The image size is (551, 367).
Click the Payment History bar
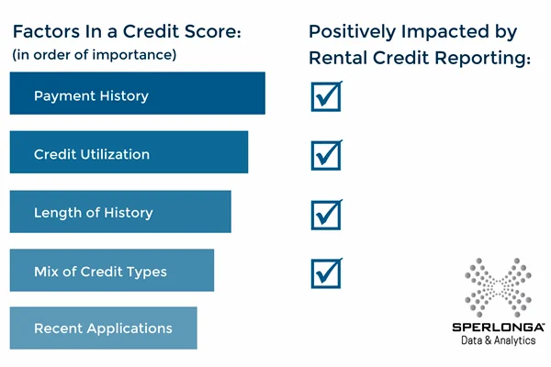pos(138,93)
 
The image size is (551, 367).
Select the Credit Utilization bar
pos(129,152)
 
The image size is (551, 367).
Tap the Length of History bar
pos(120,211)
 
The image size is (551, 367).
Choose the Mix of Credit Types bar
pos(112,270)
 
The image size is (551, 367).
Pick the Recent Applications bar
pos(103,328)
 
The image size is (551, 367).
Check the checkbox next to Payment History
pos(326,96)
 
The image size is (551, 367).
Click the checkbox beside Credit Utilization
pos(326,155)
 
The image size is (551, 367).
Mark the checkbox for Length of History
pos(326,215)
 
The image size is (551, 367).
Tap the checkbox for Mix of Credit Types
pos(326,273)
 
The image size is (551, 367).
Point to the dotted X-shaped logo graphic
pos(498,287)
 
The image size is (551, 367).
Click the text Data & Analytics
pos(499,340)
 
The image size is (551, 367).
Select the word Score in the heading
pos(213,31)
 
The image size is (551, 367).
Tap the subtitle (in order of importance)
pos(95,55)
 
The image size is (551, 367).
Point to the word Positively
pos(353,32)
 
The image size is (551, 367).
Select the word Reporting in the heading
pos(482,59)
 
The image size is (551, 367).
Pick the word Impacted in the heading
pos(444,32)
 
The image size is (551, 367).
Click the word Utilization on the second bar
pos(115,154)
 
